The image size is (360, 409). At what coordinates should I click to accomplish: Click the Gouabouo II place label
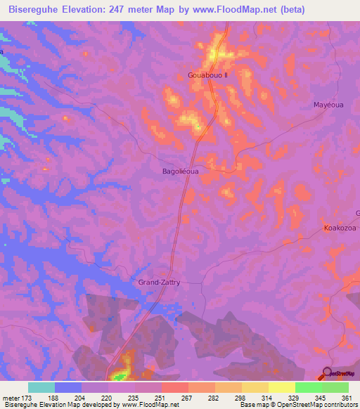[210, 74]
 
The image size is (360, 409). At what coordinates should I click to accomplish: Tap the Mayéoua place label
[328, 105]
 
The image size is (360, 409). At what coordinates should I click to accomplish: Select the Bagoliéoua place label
[181, 171]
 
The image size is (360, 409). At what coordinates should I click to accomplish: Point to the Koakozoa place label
[341, 228]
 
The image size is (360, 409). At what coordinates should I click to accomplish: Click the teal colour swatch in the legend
[41, 387]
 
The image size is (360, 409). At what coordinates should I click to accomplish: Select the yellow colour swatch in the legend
[281, 387]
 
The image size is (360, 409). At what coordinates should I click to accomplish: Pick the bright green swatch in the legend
[308, 387]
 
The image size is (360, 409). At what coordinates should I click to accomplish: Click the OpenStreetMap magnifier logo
[326, 374]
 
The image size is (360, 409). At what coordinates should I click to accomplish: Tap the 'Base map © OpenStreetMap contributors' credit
[299, 405]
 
